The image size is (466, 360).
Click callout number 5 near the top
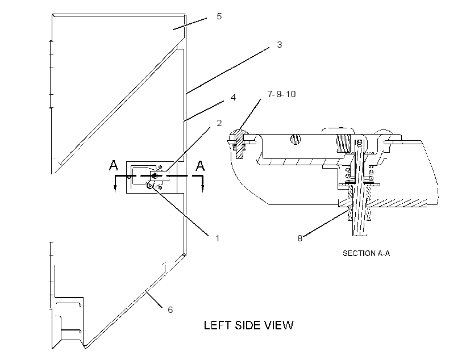click(219, 16)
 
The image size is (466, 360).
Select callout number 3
click(279, 44)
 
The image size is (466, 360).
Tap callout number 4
click(233, 98)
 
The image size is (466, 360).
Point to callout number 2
click(219, 123)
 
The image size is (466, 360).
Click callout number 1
click(217, 238)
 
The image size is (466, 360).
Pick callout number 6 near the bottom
click(170, 310)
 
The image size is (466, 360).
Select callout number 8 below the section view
click(300, 238)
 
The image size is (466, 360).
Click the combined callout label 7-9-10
click(281, 94)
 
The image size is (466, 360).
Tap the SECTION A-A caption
click(366, 253)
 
